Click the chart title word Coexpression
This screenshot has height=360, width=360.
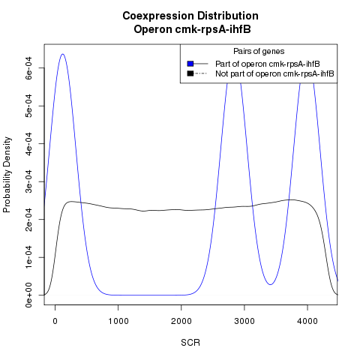pos(158,16)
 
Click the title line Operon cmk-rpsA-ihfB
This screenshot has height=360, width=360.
pos(192,29)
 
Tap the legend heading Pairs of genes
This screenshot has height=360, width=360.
pos(259,52)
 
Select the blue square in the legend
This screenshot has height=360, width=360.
pos(190,64)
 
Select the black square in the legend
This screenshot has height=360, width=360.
pos(190,73)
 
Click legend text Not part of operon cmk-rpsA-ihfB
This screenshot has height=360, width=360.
pos(274,73)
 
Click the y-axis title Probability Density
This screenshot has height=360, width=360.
pos(7,175)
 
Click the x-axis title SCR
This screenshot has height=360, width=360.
pos(190,343)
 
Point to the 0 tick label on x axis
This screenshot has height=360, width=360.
pos(55,321)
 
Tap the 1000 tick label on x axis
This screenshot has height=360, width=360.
pos(118,321)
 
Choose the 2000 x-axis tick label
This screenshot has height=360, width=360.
pos(181,321)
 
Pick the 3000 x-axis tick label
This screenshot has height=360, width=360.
pos(244,321)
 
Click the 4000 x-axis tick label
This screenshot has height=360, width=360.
pos(307,321)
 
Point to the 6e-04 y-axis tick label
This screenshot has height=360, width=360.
pos(28,68)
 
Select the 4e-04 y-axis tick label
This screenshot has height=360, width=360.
pos(28,144)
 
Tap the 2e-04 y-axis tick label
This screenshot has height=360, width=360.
pos(28,220)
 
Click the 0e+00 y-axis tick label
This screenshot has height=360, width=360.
pos(28,295)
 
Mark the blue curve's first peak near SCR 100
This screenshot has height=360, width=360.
pos(62,54)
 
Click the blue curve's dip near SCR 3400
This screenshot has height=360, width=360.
pos(270,284)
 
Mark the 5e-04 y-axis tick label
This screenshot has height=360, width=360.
pos(28,106)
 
